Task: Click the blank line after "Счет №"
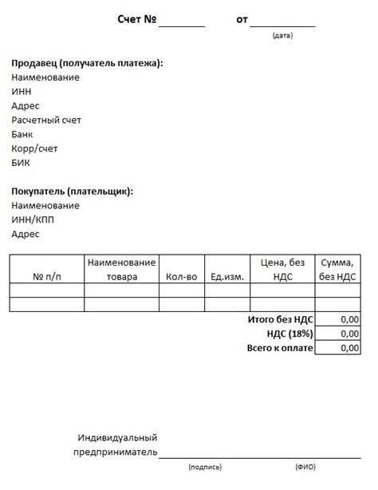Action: click(x=182, y=22)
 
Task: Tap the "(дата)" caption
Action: click(x=282, y=36)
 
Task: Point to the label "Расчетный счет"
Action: click(x=46, y=121)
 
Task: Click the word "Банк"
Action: click(x=23, y=135)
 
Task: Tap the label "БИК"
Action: click(x=21, y=163)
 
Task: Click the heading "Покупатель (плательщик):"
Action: click(x=73, y=192)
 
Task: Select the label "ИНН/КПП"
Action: click(x=33, y=220)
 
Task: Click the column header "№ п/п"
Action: click(x=47, y=277)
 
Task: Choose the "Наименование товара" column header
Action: click(x=121, y=270)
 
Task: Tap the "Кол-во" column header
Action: click(x=181, y=277)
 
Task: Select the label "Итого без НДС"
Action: click(x=280, y=319)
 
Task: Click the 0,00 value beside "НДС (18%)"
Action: click(x=348, y=334)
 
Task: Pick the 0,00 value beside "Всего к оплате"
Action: click(x=348, y=348)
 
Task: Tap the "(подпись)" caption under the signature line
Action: click(x=205, y=467)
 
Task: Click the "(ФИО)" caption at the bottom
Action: click(x=305, y=467)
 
